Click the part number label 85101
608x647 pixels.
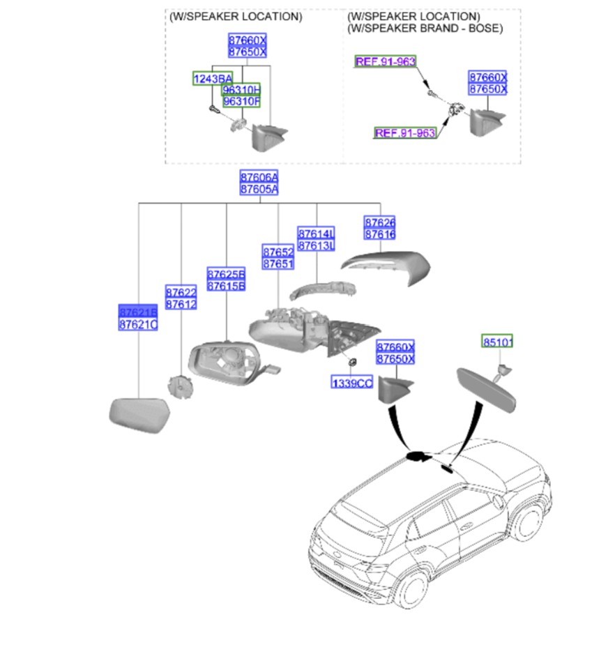(498, 342)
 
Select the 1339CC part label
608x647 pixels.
(352, 383)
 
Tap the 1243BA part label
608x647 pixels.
(213, 79)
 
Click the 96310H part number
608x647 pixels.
(241, 90)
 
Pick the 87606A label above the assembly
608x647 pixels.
(259, 177)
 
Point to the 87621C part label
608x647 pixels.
(138, 325)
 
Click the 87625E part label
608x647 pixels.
(226, 274)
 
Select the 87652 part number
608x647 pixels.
(278, 252)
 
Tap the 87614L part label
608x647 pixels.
(317, 233)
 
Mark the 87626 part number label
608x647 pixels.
(380, 222)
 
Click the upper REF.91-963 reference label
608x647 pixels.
(386, 61)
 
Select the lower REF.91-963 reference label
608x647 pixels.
(405, 132)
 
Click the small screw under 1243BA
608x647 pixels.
(211, 109)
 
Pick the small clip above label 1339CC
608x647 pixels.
(352, 362)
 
